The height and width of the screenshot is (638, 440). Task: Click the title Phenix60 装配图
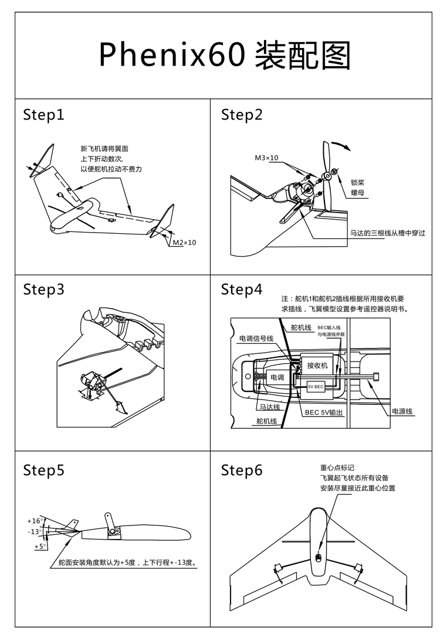[x=225, y=56]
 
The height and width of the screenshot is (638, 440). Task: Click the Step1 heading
[x=43, y=115]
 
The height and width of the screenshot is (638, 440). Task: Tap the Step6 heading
[x=241, y=470]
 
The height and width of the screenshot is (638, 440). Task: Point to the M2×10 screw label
[x=184, y=242]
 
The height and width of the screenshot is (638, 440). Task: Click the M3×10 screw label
[x=266, y=158]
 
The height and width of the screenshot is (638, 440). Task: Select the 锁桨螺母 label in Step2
[x=358, y=187]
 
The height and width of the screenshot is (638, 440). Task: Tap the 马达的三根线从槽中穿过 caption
[x=387, y=233]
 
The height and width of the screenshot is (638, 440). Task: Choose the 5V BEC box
[x=316, y=387]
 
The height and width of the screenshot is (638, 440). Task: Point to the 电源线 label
[x=402, y=411]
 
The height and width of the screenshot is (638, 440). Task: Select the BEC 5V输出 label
[x=323, y=412]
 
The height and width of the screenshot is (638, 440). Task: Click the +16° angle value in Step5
[x=35, y=521]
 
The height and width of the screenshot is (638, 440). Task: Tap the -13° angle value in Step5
[x=35, y=532]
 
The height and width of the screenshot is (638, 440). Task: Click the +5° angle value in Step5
[x=40, y=547]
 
